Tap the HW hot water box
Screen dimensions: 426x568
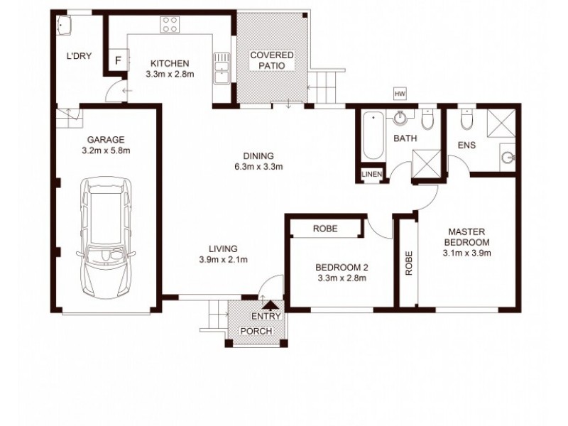pyautogui.click(x=399, y=93)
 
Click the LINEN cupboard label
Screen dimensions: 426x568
pyautogui.click(x=371, y=174)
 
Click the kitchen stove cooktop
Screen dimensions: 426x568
pyautogui.click(x=170, y=26)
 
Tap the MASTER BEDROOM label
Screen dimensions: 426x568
pyautogui.click(x=466, y=236)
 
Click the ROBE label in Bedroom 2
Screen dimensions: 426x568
pyautogui.click(x=324, y=229)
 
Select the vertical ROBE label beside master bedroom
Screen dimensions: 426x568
pyautogui.click(x=409, y=263)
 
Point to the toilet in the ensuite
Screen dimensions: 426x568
pyautogui.click(x=466, y=123)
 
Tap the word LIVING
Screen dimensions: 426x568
pyautogui.click(x=222, y=248)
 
